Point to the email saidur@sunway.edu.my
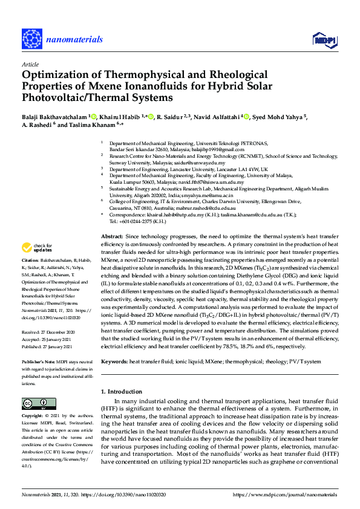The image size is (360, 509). tap(203, 163)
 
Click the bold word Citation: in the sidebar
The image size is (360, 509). tap(33, 276)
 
